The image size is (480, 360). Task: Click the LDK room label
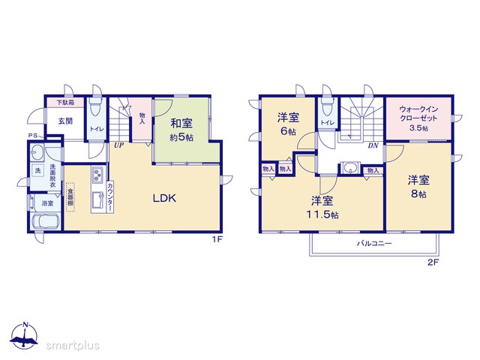click(x=164, y=198)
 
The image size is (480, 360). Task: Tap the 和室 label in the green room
click(x=181, y=123)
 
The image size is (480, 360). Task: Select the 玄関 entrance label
click(x=65, y=121)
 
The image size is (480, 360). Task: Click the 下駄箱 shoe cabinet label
click(x=65, y=103)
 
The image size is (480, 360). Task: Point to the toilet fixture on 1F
click(x=95, y=108)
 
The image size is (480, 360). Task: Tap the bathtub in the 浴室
click(x=46, y=220)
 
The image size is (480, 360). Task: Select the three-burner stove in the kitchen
click(x=98, y=175)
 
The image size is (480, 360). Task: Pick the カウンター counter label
click(x=110, y=196)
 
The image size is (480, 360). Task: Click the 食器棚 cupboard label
click(x=70, y=196)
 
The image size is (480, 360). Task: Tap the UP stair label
click(x=118, y=145)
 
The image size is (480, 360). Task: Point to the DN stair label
click(x=373, y=145)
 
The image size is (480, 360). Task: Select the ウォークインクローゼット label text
click(x=418, y=113)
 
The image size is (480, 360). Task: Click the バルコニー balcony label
click(x=374, y=244)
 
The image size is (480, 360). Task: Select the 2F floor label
click(x=433, y=262)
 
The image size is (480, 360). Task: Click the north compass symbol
click(x=25, y=335)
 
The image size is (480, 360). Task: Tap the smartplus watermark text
click(x=73, y=346)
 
